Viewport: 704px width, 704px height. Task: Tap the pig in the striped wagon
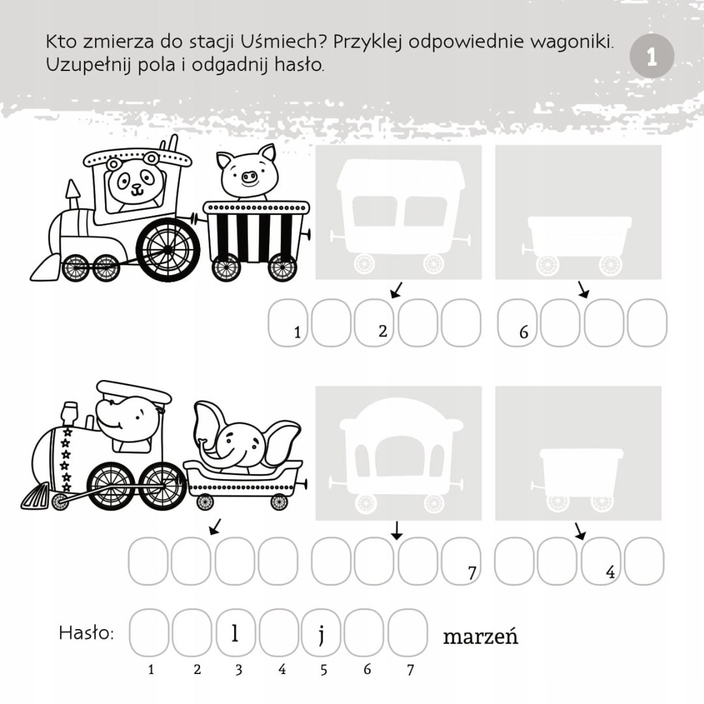pos(247,171)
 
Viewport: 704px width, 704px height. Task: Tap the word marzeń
pos(480,636)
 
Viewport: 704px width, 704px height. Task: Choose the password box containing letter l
pos(235,632)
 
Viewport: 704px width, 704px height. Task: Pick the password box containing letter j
pos(321,632)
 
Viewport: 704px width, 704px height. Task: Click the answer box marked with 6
pos(517,322)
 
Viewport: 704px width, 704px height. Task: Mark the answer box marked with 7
pos(462,561)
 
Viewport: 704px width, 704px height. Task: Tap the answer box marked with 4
pos(601,561)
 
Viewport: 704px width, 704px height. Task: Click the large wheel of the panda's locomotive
pos(168,250)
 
